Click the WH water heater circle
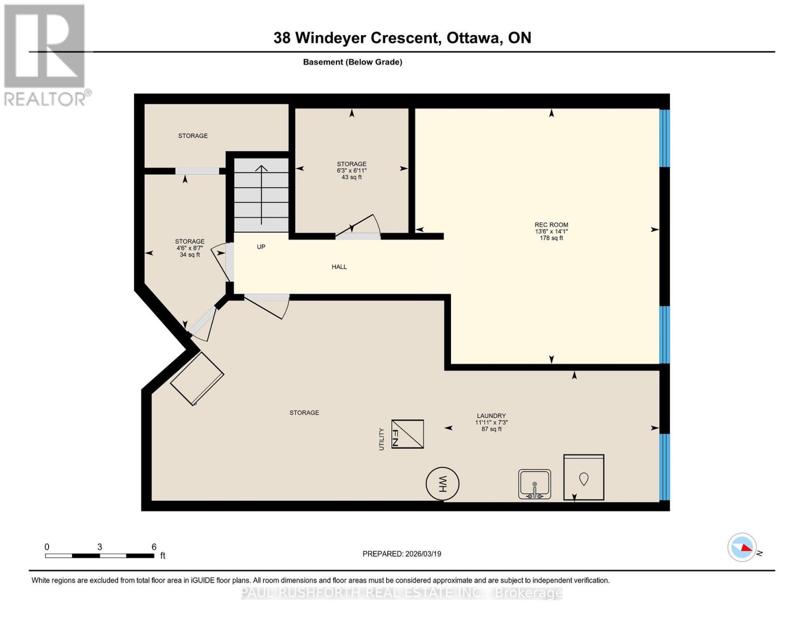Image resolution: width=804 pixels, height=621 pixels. (442, 484)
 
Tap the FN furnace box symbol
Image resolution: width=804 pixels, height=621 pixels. (407, 434)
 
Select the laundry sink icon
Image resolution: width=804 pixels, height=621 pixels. (534, 484)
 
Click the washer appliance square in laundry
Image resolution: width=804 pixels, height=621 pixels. (583, 477)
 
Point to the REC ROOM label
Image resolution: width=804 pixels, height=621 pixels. (551, 225)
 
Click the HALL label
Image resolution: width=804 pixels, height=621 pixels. (339, 267)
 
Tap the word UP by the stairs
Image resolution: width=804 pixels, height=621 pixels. (261, 247)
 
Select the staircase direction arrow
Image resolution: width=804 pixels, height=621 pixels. (261, 194)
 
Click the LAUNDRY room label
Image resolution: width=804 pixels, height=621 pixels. (491, 416)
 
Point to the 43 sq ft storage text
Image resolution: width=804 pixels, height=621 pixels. (352, 177)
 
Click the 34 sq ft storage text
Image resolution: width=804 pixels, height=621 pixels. (189, 255)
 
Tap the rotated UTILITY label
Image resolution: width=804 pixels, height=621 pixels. (382, 439)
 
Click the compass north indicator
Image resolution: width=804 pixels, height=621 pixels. (742, 547)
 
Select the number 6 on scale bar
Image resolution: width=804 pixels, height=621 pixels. (154, 546)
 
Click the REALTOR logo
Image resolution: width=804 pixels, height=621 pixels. (45, 54)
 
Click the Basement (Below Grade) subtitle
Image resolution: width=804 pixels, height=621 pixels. (352, 62)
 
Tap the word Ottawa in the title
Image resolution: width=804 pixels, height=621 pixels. (474, 38)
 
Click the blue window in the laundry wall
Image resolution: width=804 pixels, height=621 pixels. (664, 467)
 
